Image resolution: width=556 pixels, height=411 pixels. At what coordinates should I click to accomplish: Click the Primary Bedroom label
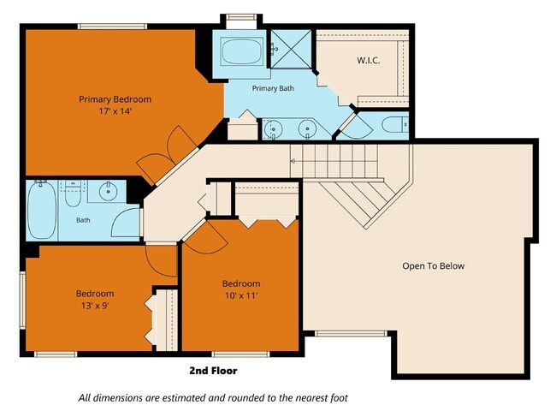[x=115, y=99]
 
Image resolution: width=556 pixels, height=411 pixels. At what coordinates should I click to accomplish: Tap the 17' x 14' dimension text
[x=115, y=111]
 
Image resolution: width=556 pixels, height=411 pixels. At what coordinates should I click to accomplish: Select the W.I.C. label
[x=369, y=60]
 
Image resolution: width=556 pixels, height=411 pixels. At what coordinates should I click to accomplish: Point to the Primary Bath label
[x=273, y=88]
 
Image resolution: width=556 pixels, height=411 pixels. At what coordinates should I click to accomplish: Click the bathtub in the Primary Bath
[x=241, y=51]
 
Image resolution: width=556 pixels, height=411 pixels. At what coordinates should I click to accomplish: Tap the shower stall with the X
[x=291, y=50]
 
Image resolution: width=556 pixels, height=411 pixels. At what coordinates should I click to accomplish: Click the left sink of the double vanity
[x=274, y=128]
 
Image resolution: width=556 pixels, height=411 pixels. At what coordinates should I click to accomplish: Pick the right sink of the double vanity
[x=307, y=128]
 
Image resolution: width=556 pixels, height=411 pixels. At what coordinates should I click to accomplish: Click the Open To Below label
[x=434, y=265]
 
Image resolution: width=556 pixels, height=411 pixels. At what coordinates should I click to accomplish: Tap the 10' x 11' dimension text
[x=241, y=295]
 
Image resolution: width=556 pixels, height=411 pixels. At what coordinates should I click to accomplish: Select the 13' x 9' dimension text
[x=95, y=305]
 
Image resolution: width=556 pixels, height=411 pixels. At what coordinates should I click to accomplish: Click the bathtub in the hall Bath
[x=42, y=211]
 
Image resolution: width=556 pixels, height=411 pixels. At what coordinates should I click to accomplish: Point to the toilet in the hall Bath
[x=73, y=194]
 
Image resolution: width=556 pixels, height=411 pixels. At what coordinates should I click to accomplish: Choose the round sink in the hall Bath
[x=108, y=191]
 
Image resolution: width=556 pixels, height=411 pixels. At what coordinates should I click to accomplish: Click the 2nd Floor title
[x=213, y=371]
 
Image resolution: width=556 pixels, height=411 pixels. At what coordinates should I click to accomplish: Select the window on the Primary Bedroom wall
[x=112, y=27]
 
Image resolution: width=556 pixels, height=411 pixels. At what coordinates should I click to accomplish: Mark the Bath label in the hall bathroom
[x=83, y=220]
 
